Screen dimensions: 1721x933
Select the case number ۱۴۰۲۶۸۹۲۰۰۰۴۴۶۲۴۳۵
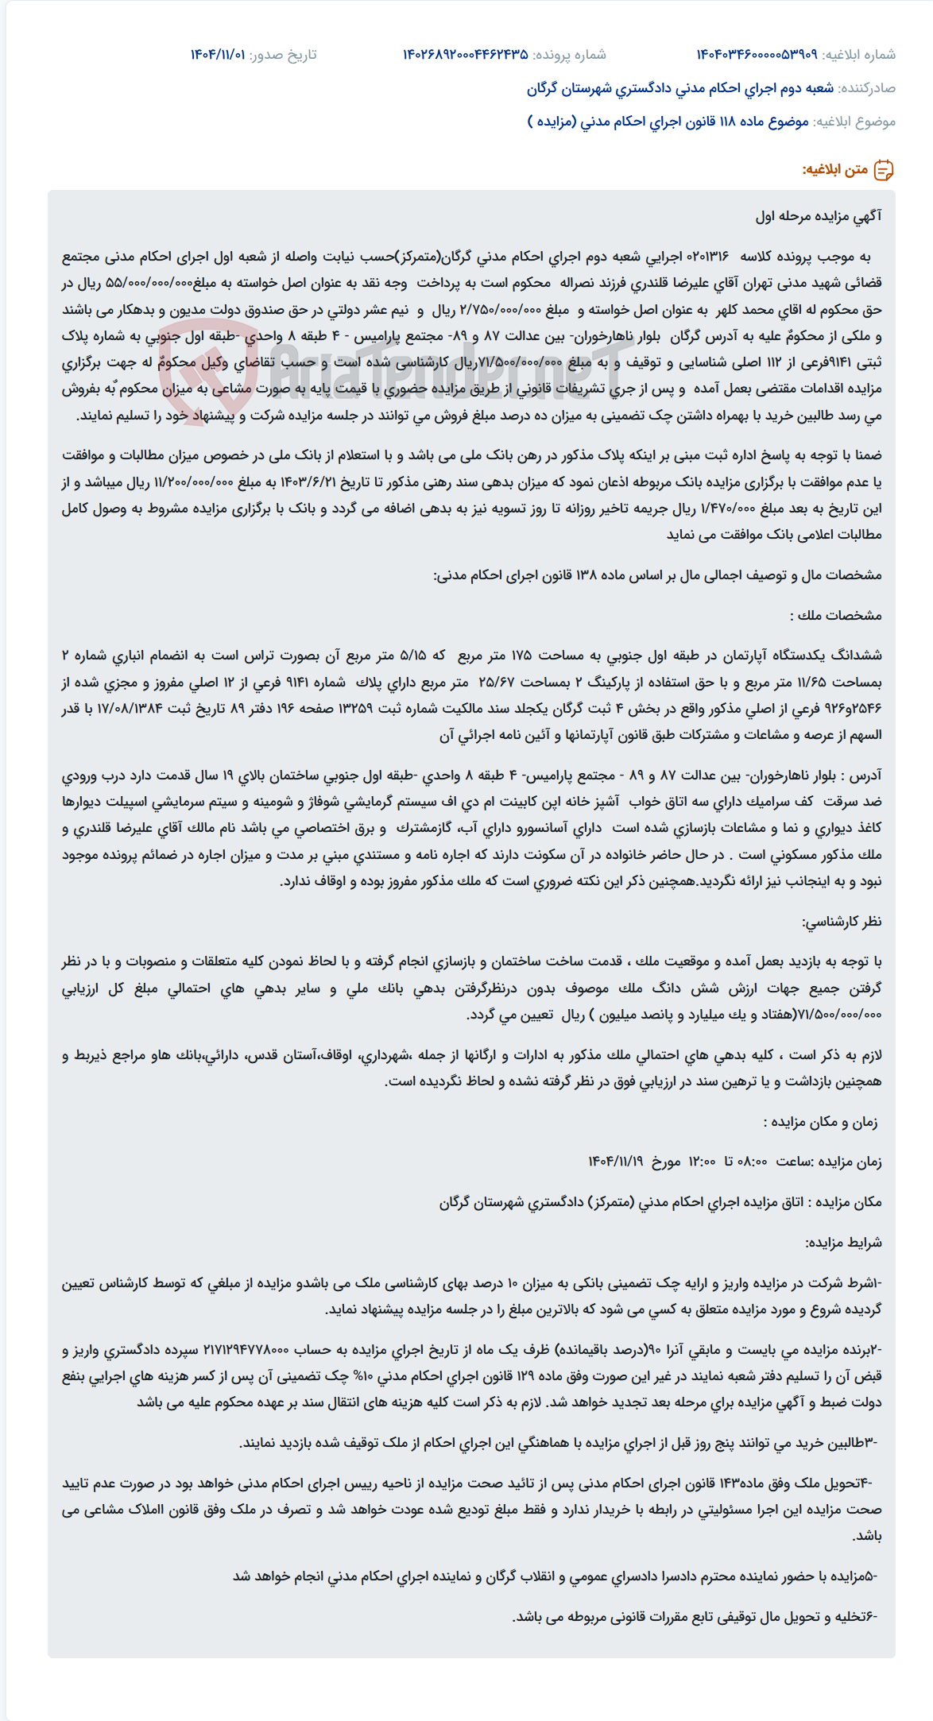coord(465,55)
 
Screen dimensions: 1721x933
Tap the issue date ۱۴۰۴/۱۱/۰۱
coord(217,55)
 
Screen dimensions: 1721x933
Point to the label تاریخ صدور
coord(283,55)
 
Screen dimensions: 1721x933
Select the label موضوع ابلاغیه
coord(854,122)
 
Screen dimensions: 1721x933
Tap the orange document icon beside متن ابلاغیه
coord(884,170)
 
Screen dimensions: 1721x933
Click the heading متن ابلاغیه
coord(834,170)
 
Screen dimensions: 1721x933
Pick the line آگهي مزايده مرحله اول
coord(819,216)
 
